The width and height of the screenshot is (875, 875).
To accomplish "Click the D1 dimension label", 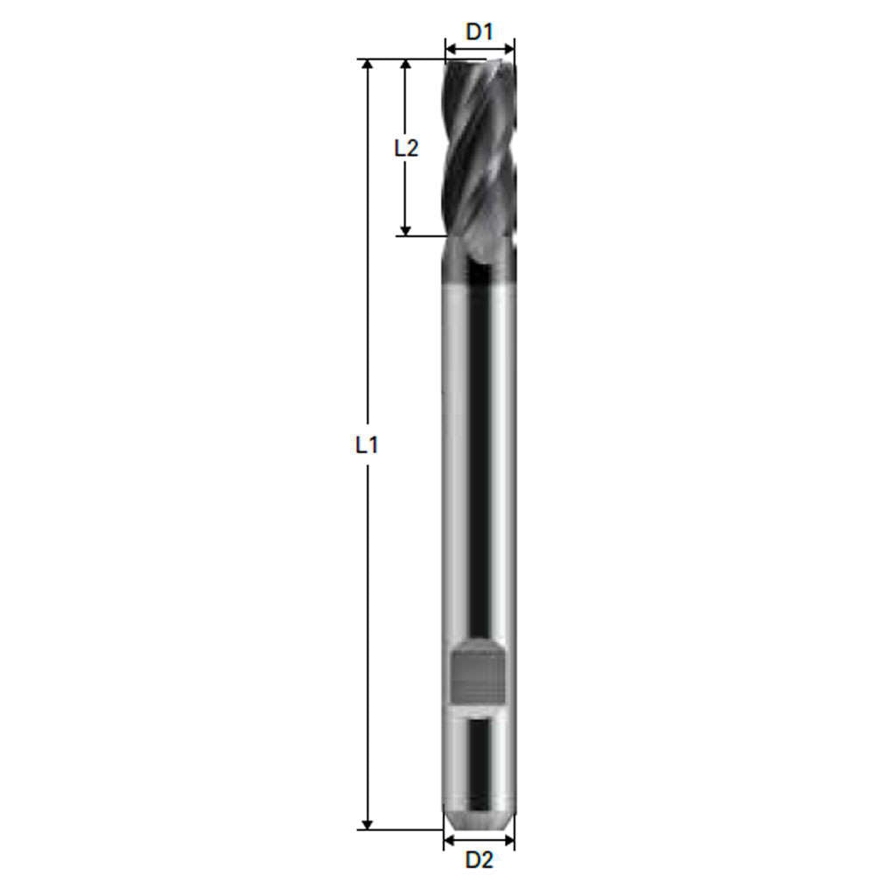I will pyautogui.click(x=479, y=32).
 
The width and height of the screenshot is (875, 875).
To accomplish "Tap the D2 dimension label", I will pyautogui.click(x=479, y=859).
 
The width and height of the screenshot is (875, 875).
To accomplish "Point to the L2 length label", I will pyautogui.click(x=405, y=148).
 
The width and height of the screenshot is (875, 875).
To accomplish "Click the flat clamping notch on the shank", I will pyautogui.click(x=479, y=675).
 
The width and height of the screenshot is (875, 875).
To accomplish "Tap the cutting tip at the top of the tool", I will pyautogui.click(x=479, y=64).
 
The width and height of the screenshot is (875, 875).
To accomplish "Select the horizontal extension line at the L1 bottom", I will pyautogui.click(x=402, y=829).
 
